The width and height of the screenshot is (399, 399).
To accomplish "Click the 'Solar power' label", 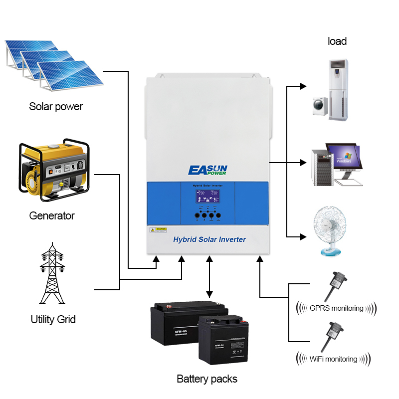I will click(56, 106).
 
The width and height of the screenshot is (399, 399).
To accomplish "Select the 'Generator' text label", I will click(52, 216).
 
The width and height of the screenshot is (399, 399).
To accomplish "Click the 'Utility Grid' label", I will click(53, 319).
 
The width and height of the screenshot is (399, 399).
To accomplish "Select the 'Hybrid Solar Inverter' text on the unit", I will click(209, 239).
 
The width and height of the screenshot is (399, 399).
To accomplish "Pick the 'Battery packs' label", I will click(207, 379).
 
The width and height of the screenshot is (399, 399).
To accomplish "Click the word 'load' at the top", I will click(337, 41).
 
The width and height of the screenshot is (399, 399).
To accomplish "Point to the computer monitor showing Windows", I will click(343, 156).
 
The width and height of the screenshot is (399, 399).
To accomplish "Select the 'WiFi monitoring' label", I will click(333, 359).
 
